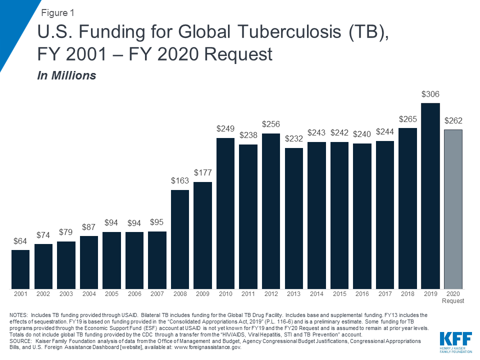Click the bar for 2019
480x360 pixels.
pyautogui.click(x=430, y=196)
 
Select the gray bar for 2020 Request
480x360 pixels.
pyautogui.click(x=453, y=209)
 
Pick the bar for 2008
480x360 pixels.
pyautogui.click(x=180, y=239)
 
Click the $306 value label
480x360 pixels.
pyautogui.click(x=430, y=94)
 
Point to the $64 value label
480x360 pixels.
pyautogui.click(x=20, y=241)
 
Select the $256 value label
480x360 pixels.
pyautogui.click(x=270, y=124)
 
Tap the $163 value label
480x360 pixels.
pyautogui.click(x=180, y=181)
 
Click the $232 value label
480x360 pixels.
pyautogui.click(x=293, y=138)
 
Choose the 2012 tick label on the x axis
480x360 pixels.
pyautogui.click(x=270, y=294)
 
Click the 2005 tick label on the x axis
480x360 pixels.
pyautogui.click(x=111, y=294)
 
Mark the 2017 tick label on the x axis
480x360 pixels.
pyautogui.click(x=384, y=294)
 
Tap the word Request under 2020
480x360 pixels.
pyautogui.click(x=453, y=301)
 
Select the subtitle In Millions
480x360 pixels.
pyautogui.click(x=66, y=76)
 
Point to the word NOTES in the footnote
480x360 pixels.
pyautogui.click(x=19, y=315)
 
